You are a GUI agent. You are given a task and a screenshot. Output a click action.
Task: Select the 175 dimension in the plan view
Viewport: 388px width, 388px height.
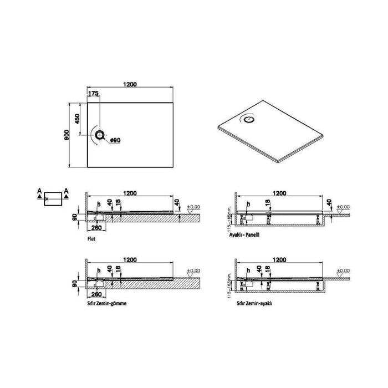94,95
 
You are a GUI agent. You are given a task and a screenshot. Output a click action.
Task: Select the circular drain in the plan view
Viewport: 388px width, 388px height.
99,135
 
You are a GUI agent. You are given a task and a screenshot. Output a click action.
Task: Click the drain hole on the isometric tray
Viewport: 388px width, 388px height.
248,118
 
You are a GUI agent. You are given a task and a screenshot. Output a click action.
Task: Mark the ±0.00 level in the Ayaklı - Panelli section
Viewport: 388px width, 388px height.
344,207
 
